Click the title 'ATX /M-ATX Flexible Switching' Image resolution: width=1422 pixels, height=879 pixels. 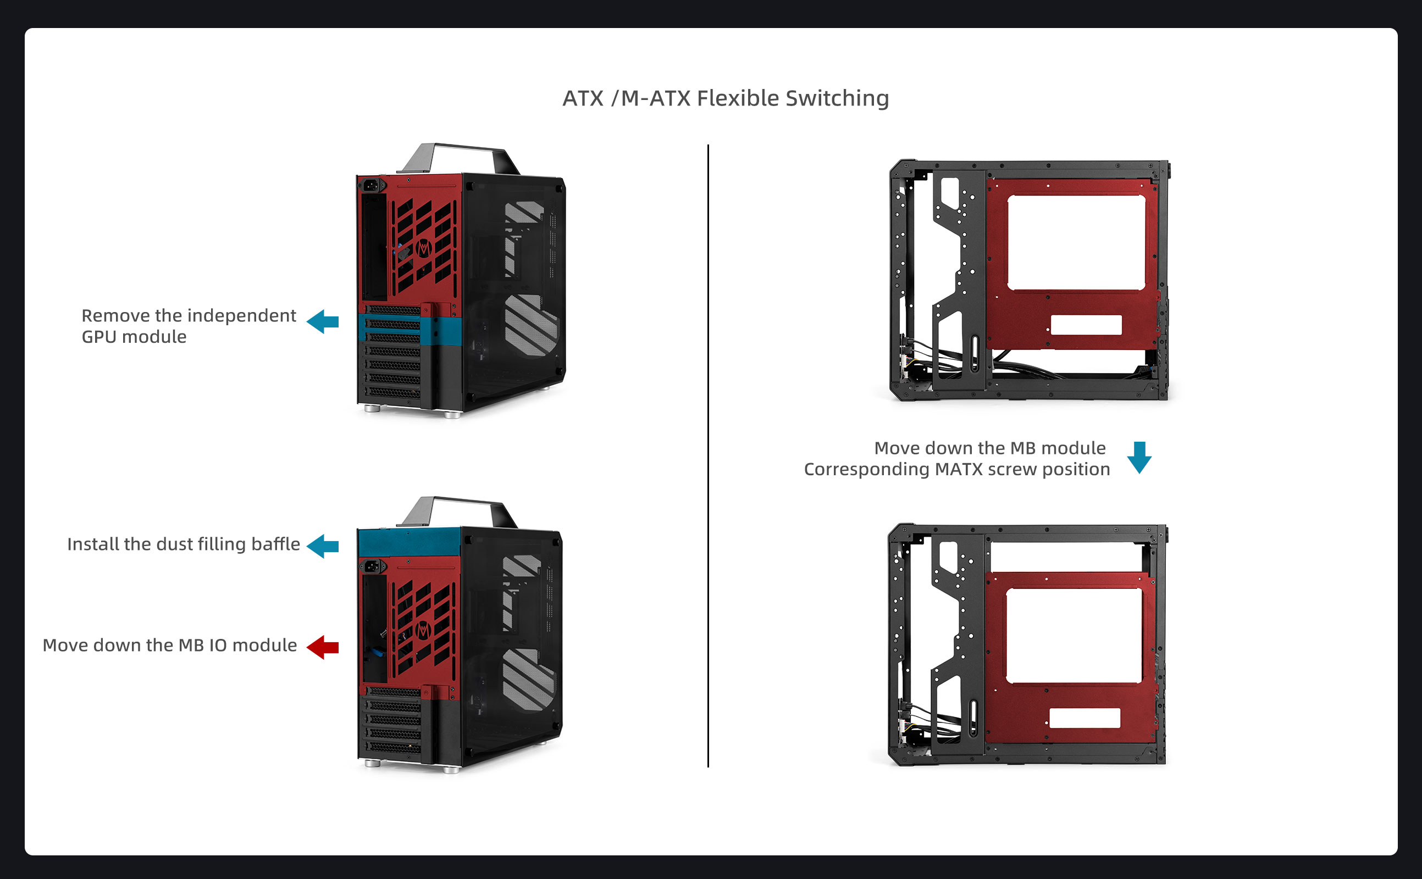point(725,98)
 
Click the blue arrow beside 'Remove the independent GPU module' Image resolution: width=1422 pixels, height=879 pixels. point(322,321)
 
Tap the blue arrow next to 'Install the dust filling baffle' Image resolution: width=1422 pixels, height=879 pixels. point(322,546)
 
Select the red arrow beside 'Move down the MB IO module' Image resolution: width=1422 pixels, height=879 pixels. point(322,647)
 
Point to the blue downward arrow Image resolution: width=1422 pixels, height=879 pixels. point(1139,458)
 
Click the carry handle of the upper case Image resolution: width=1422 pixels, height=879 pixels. point(458,158)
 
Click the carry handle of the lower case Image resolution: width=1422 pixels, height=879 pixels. point(458,511)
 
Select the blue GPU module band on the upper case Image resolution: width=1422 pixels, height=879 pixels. point(410,330)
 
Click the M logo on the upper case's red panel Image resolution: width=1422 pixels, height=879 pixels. point(423,248)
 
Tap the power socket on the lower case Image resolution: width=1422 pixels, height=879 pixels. point(373,566)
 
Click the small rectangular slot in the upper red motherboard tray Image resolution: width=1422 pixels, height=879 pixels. point(1086,325)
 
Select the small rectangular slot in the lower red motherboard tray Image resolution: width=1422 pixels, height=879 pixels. point(1085,718)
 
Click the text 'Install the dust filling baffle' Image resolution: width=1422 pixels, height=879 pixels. point(184,544)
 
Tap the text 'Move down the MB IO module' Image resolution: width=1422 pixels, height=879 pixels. point(170,646)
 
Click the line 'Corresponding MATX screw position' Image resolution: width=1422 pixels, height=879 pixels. point(957,470)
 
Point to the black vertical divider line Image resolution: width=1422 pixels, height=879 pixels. point(708,456)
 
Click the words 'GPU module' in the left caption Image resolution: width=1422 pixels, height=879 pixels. point(134,337)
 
